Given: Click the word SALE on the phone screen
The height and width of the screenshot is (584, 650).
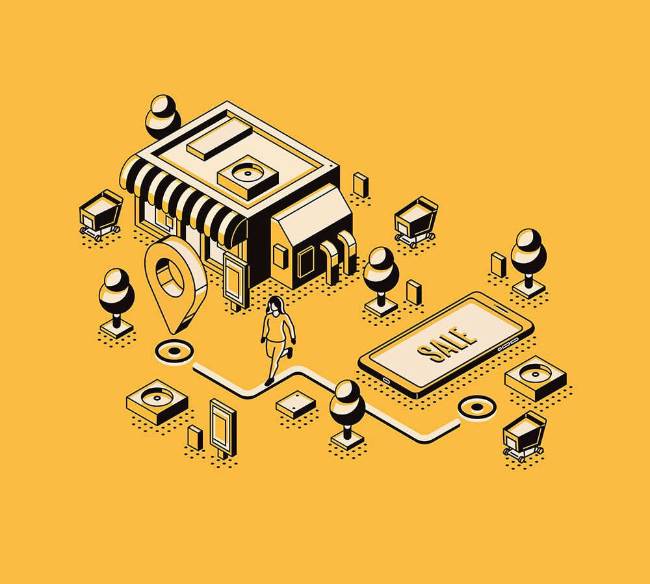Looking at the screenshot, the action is pos(447,344).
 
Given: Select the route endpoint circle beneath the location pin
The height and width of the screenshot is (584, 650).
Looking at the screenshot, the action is pos(174,351).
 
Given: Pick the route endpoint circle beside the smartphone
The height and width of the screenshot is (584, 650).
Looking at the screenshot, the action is pos(477,407).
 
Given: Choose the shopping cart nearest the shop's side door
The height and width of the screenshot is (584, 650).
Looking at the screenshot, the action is pos(416,222).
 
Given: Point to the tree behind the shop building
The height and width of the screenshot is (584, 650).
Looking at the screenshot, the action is pos(163,116).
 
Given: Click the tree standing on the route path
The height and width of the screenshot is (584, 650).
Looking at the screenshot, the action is pos(347,414).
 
